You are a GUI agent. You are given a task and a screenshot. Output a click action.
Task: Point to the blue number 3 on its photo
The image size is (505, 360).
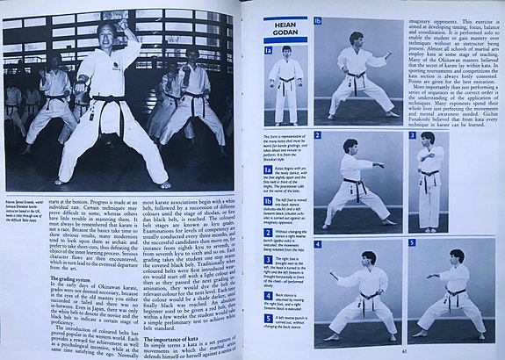coord(412,136)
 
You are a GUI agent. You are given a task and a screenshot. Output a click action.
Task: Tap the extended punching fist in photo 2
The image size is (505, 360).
coord(383,164)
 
